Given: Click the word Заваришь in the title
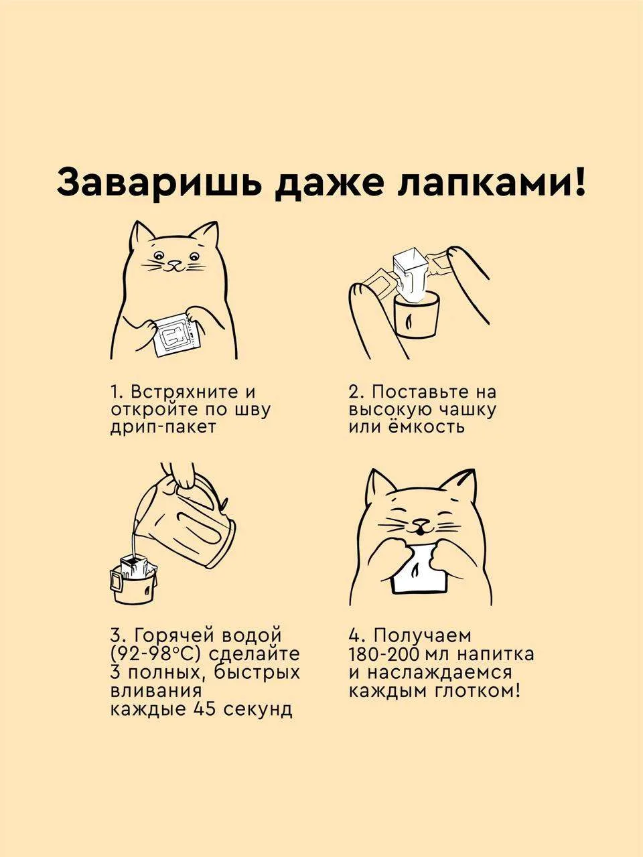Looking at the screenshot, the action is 159,182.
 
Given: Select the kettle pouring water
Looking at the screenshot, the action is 186,520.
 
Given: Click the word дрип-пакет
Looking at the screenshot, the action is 163,427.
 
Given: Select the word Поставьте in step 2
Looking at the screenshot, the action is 425,392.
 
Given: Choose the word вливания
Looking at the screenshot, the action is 156,690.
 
